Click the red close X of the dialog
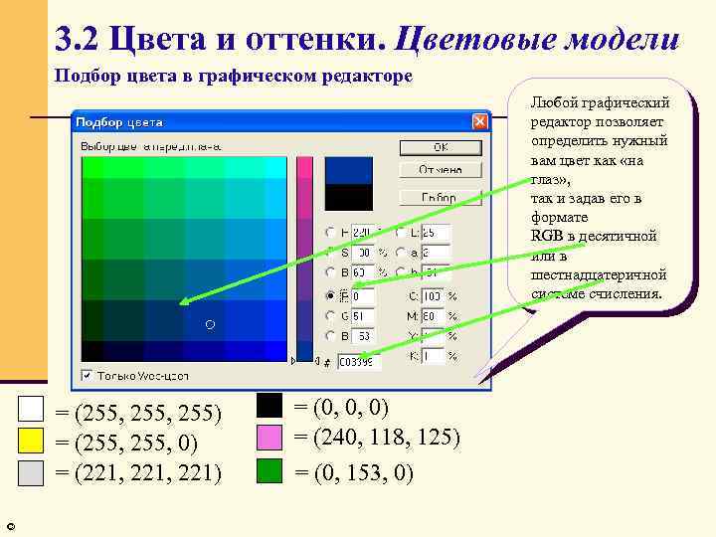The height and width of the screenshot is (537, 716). tap(479, 121)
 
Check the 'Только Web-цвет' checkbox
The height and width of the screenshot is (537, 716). tap(88, 376)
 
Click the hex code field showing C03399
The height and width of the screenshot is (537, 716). tap(355, 363)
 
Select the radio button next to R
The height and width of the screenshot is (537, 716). tap(329, 296)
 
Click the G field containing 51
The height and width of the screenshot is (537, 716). tap(361, 316)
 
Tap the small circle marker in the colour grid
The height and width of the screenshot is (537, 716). tap(209, 325)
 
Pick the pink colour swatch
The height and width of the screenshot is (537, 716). tap(269, 437)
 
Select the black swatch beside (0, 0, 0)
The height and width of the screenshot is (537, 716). tap(269, 406)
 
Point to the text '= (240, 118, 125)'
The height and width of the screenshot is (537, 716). tap(377, 437)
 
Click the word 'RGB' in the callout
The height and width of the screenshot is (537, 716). tap(547, 236)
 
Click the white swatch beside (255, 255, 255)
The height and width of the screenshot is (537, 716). tap(32, 410)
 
